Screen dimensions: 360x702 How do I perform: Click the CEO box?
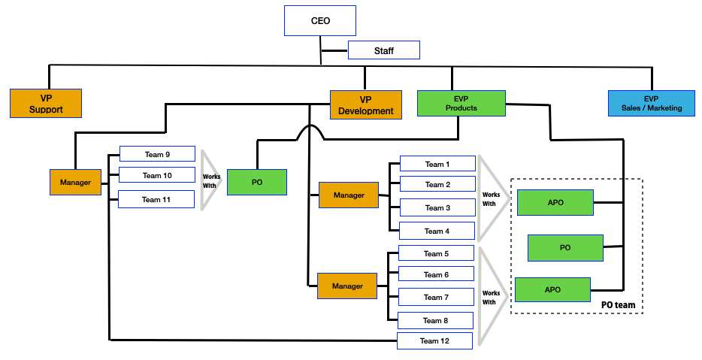click(320, 20)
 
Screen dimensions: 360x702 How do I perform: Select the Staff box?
click(383, 50)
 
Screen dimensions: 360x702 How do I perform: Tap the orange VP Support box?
click(46, 103)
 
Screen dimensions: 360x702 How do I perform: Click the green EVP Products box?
click(461, 103)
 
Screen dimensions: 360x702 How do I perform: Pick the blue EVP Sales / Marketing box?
click(651, 103)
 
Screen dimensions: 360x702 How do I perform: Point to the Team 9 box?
click(157, 154)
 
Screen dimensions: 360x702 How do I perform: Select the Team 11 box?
click(157, 199)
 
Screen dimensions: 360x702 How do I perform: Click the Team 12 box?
click(434, 340)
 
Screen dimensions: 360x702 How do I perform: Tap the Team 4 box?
click(437, 231)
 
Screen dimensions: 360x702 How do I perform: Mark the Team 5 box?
click(436, 253)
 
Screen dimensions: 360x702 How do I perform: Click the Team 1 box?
click(437, 164)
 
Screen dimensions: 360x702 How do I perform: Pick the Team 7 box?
click(436, 297)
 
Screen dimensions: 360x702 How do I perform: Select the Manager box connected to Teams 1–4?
click(349, 195)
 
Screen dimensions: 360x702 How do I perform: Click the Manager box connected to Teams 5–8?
click(347, 286)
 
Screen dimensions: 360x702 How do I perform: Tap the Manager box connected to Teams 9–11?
click(75, 183)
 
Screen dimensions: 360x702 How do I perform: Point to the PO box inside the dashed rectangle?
click(565, 247)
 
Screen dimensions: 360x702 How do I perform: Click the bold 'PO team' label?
click(619, 304)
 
